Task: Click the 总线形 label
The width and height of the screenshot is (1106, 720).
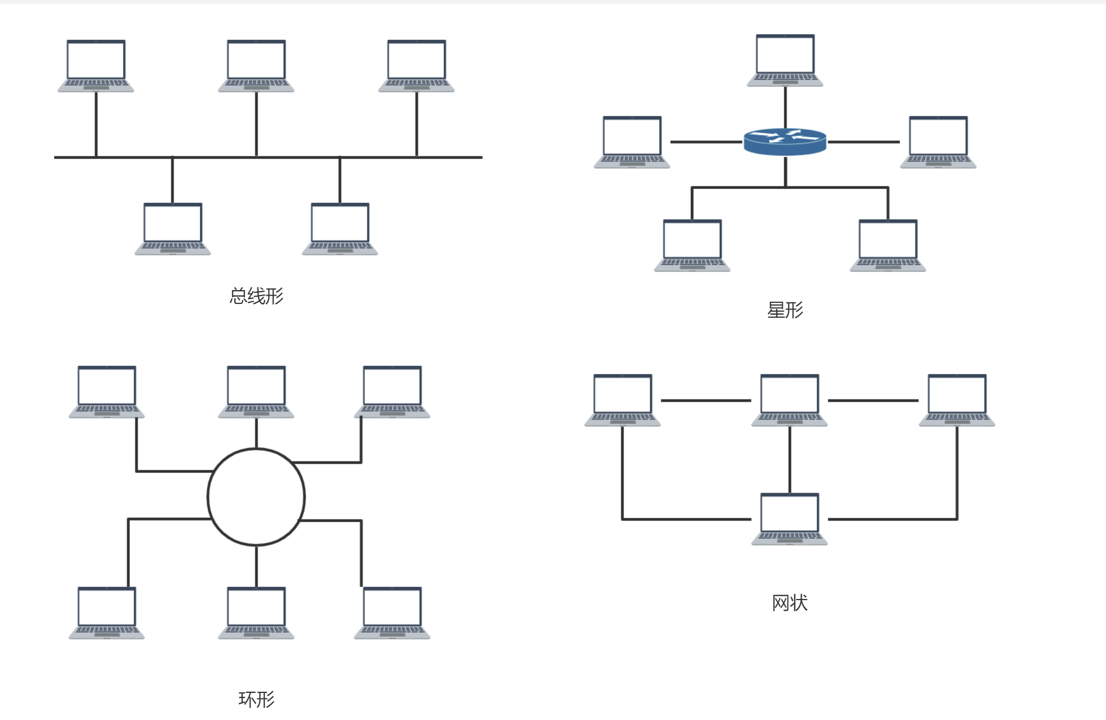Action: (x=256, y=296)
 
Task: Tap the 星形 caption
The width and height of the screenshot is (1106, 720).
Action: (x=785, y=310)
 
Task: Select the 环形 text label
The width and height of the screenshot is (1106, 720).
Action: (x=256, y=700)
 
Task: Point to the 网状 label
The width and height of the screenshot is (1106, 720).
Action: (x=789, y=603)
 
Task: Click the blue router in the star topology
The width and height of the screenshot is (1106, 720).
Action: (x=785, y=142)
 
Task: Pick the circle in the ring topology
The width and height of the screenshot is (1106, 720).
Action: (x=256, y=497)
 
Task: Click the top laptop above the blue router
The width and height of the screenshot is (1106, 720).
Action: (x=785, y=60)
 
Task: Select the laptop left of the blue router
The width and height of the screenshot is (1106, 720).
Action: (x=632, y=142)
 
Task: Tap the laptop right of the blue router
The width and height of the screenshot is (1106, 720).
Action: (x=938, y=142)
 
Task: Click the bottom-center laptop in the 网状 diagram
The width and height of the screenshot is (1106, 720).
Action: (x=789, y=519)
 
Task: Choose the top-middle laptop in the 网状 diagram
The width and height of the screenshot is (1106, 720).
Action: (x=789, y=400)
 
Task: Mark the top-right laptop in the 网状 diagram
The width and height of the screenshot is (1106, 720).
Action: (x=957, y=400)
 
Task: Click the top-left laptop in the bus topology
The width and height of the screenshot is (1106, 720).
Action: (x=96, y=65)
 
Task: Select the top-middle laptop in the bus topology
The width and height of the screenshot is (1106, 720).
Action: (x=256, y=65)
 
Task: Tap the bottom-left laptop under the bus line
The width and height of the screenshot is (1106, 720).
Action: (x=172, y=229)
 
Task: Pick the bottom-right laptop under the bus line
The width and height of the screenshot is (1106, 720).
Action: (x=340, y=229)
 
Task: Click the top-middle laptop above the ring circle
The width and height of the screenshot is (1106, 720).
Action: (x=256, y=391)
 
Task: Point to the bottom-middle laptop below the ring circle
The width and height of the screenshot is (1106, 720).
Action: (x=256, y=612)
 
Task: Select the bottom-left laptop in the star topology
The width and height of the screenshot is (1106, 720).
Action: (x=692, y=245)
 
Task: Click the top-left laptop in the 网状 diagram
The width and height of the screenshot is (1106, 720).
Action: (x=622, y=400)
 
